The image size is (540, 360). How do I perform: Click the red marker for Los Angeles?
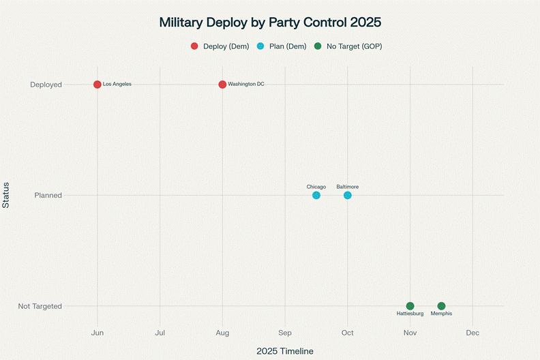[97, 85]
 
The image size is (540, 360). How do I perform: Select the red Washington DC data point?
[222, 85]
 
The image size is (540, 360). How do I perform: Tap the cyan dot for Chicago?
[316, 196]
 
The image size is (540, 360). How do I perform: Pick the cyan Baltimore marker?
[348, 196]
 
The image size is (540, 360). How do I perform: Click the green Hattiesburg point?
[410, 306]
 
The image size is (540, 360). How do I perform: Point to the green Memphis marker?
[441, 306]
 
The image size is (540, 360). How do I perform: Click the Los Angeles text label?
[117, 85]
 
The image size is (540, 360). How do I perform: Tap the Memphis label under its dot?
[441, 314]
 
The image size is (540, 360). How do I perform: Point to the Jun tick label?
[97, 333]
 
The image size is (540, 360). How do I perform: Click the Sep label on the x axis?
[285, 333]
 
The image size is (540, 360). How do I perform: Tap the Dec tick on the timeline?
[472, 333]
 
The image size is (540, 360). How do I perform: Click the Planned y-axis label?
[48, 196]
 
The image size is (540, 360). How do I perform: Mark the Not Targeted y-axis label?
[40, 306]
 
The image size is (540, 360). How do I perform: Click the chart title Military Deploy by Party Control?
[270, 22]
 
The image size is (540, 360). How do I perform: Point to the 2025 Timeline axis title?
[285, 351]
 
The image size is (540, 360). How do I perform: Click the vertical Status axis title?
[6, 195]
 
